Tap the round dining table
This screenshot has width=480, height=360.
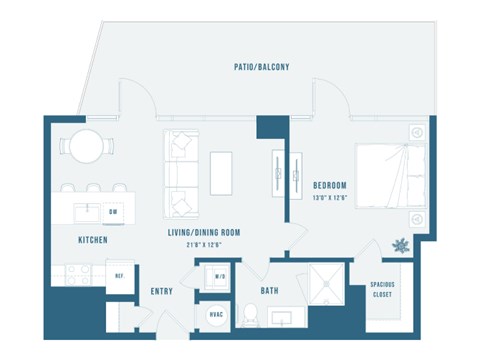tap(86, 146)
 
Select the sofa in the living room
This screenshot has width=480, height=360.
tap(181, 172)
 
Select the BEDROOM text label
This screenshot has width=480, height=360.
tap(329, 186)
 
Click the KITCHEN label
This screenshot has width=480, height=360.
tap(93, 240)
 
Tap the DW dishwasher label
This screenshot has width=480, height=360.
tap(113, 212)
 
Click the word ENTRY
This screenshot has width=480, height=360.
tap(161, 292)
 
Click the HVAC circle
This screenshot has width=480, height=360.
tap(213, 314)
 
